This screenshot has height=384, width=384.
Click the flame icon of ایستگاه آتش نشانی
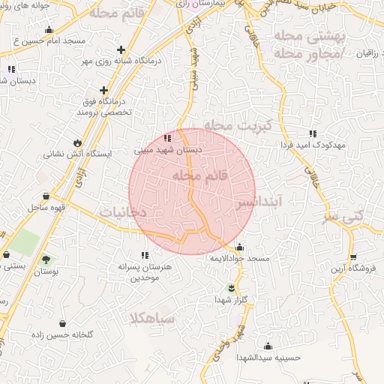(x=77, y=142)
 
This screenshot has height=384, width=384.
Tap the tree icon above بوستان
(x=46, y=259)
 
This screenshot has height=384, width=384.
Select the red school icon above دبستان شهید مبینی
(x=167, y=138)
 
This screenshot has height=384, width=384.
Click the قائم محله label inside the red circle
(x=193, y=174)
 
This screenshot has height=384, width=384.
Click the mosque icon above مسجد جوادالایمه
(x=239, y=247)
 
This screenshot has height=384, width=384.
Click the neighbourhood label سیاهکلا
(x=152, y=319)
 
